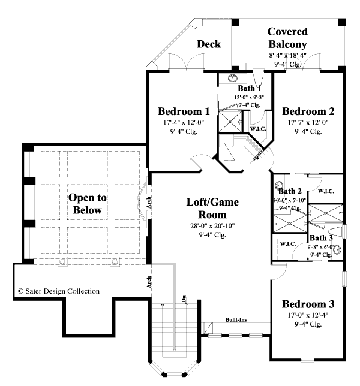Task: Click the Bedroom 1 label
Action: coord(184,111)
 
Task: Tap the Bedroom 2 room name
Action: coord(308,111)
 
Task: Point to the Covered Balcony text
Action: coord(287,38)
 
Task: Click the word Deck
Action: coord(209,44)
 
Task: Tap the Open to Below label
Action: coord(88,203)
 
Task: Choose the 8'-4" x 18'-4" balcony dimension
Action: coord(287,55)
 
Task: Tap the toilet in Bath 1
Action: coord(258,81)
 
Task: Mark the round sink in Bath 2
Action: coord(279,186)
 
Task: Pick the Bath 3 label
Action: coord(321,238)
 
